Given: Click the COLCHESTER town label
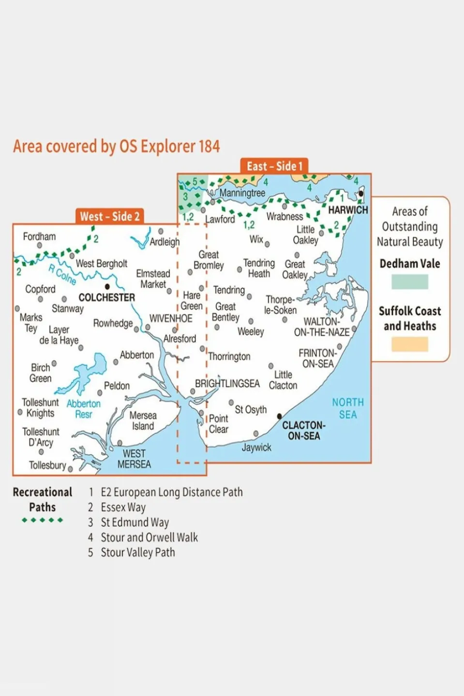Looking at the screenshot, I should pyautogui.click(x=106, y=297).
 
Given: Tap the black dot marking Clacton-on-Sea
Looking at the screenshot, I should pyautogui.click(x=279, y=416).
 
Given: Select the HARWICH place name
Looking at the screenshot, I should pyautogui.click(x=348, y=210).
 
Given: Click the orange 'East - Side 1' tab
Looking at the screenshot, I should pyautogui.click(x=274, y=166).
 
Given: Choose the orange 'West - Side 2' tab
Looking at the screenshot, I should pyautogui.click(x=110, y=216).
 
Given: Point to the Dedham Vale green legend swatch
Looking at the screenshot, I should pyautogui.click(x=409, y=281).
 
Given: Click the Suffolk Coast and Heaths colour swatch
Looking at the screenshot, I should pyautogui.click(x=409, y=344).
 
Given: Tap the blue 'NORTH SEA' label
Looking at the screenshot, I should pyautogui.click(x=347, y=408).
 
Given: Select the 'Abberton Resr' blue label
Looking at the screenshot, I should pyautogui.click(x=84, y=409).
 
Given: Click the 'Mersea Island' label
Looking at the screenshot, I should pyautogui.click(x=143, y=421).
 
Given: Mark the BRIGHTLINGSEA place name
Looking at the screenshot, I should pyautogui.click(x=227, y=384).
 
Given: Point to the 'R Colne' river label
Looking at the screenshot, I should pyautogui.click(x=62, y=274).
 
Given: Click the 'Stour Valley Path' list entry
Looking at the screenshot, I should pyautogui.click(x=137, y=552).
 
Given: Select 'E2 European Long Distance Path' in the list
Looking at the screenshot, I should pyautogui.click(x=171, y=492).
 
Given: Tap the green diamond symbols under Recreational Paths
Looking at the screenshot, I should pyautogui.click(x=43, y=520).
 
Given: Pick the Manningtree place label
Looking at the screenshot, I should pyautogui.click(x=242, y=193).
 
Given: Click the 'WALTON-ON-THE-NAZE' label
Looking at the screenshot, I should pyautogui.click(x=321, y=327).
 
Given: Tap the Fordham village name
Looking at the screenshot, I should pyautogui.click(x=39, y=237).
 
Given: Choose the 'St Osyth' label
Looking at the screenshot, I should pyautogui.click(x=251, y=410).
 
